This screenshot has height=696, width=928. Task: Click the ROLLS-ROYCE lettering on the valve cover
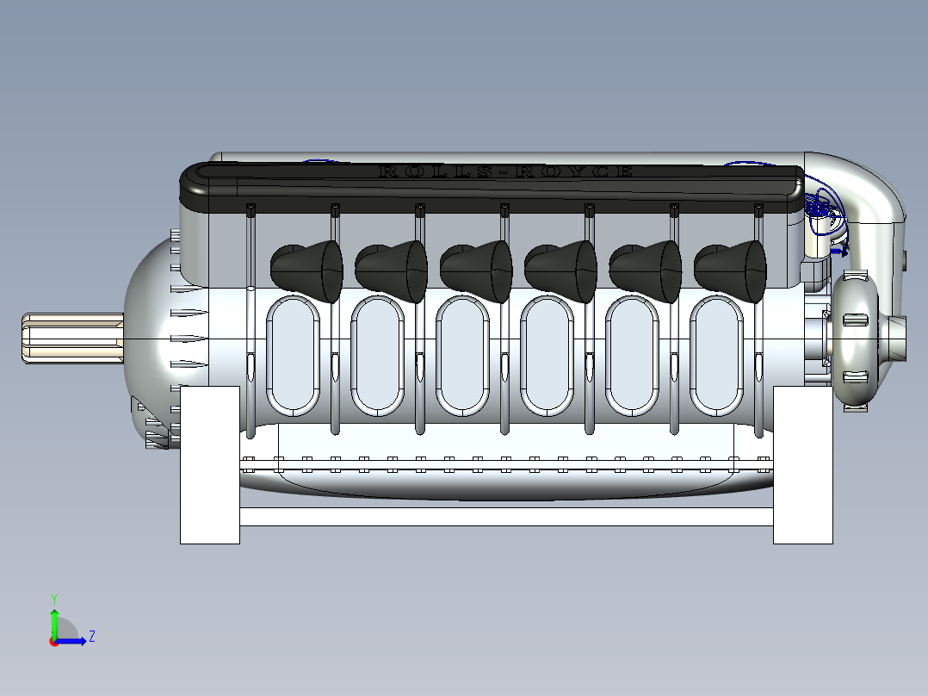tap(506, 171)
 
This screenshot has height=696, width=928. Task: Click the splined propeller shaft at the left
tap(69, 337)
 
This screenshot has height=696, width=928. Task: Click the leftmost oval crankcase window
tap(293, 354)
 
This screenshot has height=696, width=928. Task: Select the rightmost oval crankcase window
tap(716, 354)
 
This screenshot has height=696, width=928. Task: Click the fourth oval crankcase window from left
tap(547, 354)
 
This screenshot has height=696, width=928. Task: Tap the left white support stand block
tap(209, 465)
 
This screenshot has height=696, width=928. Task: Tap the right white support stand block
tap(802, 465)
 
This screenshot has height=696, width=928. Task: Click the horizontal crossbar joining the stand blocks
tap(506, 517)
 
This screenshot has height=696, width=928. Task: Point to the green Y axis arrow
tap(54, 620)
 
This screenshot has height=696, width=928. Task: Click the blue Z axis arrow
tap(73, 641)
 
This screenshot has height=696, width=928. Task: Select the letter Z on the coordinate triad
tap(91, 637)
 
